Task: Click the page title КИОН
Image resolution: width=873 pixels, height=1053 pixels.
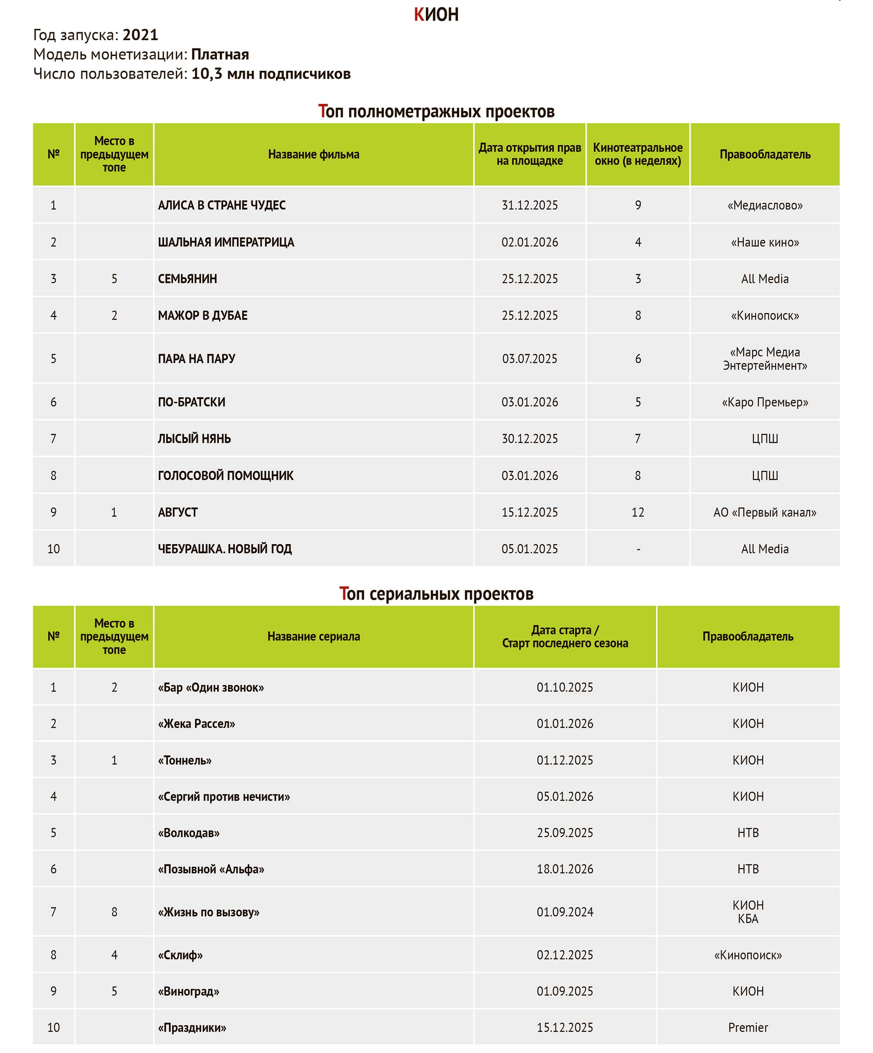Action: tap(436, 14)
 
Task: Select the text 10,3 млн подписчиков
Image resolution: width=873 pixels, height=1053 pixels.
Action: tap(271, 74)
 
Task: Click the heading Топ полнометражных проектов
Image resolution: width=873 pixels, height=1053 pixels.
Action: tap(436, 111)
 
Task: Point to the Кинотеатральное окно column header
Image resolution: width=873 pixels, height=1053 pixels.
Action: tap(637, 155)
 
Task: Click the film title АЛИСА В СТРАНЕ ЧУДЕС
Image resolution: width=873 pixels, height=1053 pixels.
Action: tap(221, 205)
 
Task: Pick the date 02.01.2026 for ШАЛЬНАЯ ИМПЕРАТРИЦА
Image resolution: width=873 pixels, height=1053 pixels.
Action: tap(530, 242)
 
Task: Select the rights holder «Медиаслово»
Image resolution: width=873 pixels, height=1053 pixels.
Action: tap(765, 205)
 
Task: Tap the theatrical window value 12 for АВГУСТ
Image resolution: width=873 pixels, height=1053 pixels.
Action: tap(637, 512)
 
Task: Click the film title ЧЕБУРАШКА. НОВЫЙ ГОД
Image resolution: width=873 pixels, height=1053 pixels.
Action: tap(224, 549)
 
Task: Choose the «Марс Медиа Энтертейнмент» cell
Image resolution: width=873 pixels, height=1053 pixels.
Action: tap(765, 359)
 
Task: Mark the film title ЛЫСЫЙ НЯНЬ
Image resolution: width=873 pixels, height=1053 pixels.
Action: tap(194, 439)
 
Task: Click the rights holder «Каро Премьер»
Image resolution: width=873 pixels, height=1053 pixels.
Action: tap(765, 402)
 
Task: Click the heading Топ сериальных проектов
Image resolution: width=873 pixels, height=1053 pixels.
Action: tap(436, 594)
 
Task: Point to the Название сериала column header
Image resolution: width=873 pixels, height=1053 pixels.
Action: tap(314, 636)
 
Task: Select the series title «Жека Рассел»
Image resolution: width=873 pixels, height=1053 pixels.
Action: tap(196, 724)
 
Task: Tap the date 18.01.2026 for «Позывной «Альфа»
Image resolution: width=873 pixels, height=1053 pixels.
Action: tap(565, 869)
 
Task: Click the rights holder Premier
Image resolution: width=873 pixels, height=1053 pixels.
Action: tap(748, 1027)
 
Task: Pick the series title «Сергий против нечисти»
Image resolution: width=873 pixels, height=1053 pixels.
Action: tap(224, 796)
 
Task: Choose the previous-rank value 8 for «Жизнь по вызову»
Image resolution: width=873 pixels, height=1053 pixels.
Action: tap(114, 911)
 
